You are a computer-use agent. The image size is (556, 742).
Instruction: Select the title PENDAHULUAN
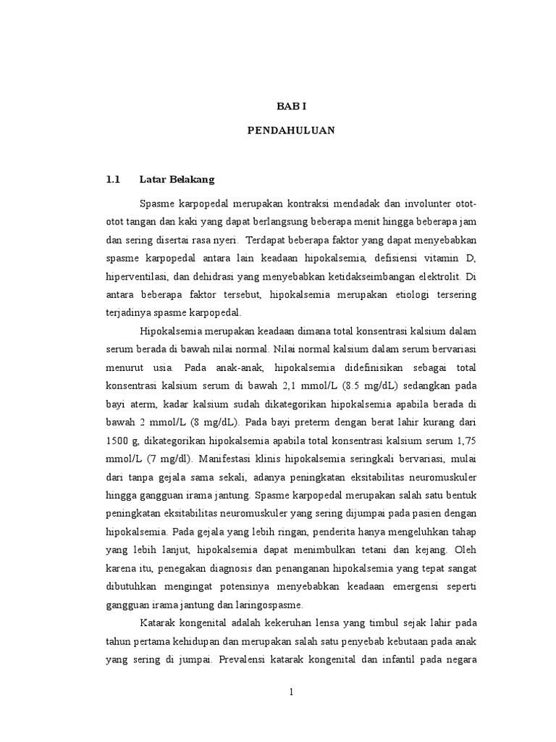[x=291, y=132]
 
